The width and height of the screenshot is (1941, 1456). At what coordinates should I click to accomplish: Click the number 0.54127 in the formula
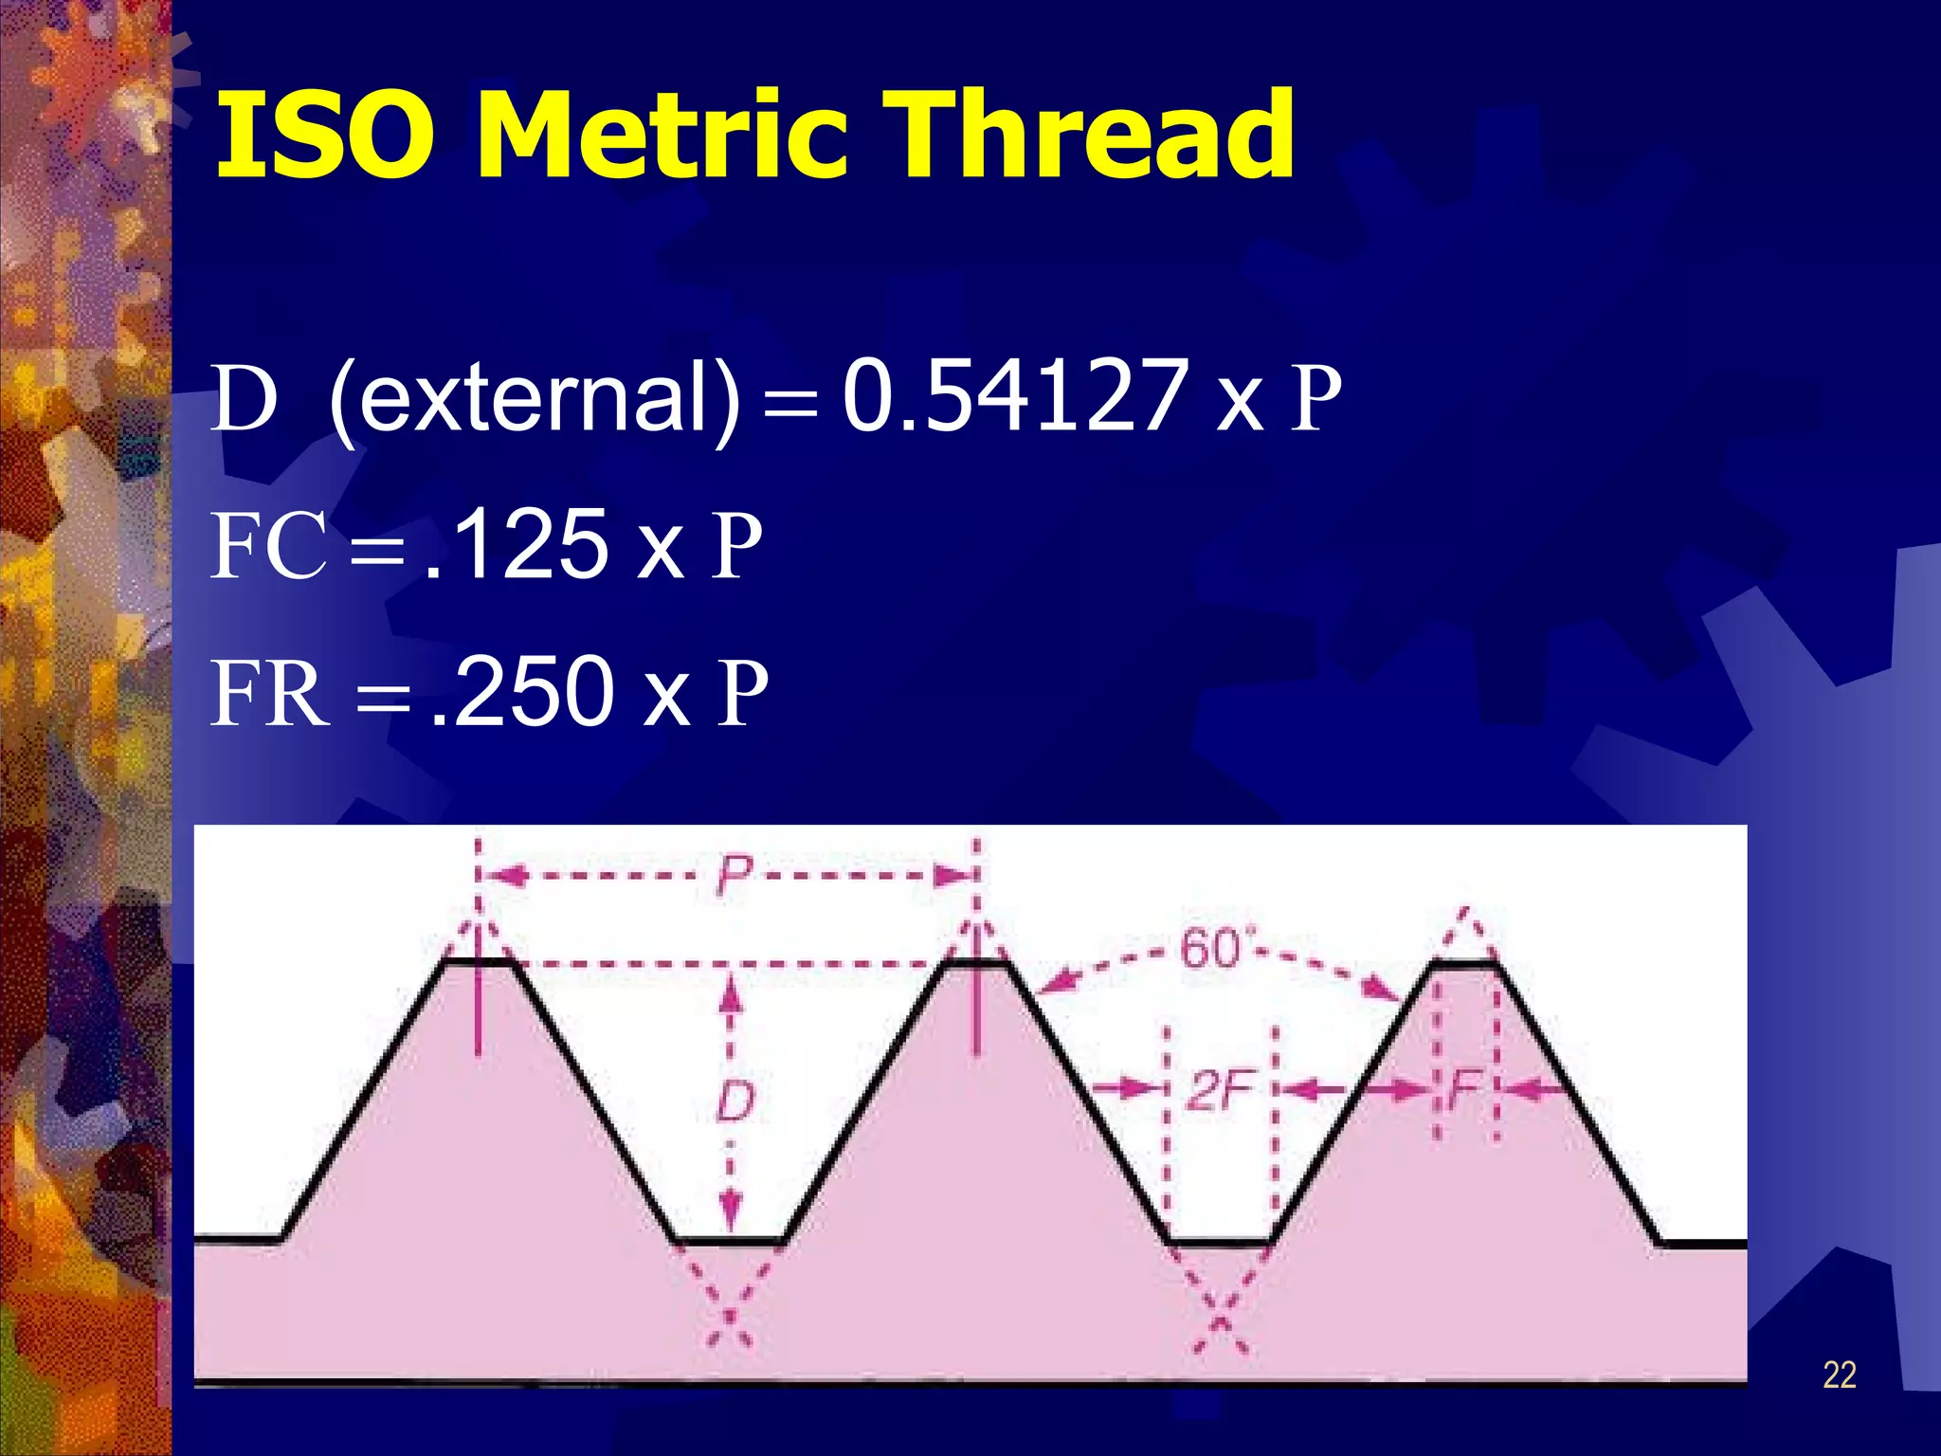1015,395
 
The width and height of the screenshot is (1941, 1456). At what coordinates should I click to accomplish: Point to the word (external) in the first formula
534,398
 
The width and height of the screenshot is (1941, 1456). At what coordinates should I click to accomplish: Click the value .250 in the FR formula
521,692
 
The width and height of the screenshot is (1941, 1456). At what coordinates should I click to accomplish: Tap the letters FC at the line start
268,546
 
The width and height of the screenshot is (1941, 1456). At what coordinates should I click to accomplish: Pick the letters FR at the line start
270,694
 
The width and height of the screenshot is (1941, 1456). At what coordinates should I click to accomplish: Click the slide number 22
1839,1375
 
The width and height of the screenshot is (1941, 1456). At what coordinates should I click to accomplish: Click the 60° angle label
1214,949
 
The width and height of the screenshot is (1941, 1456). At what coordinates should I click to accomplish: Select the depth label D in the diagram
734,1102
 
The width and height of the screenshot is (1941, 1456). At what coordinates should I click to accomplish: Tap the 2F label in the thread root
1221,1090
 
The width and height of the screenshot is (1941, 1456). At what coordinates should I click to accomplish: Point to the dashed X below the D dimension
730,1318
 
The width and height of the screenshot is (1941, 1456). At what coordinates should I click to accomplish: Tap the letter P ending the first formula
1316,399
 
